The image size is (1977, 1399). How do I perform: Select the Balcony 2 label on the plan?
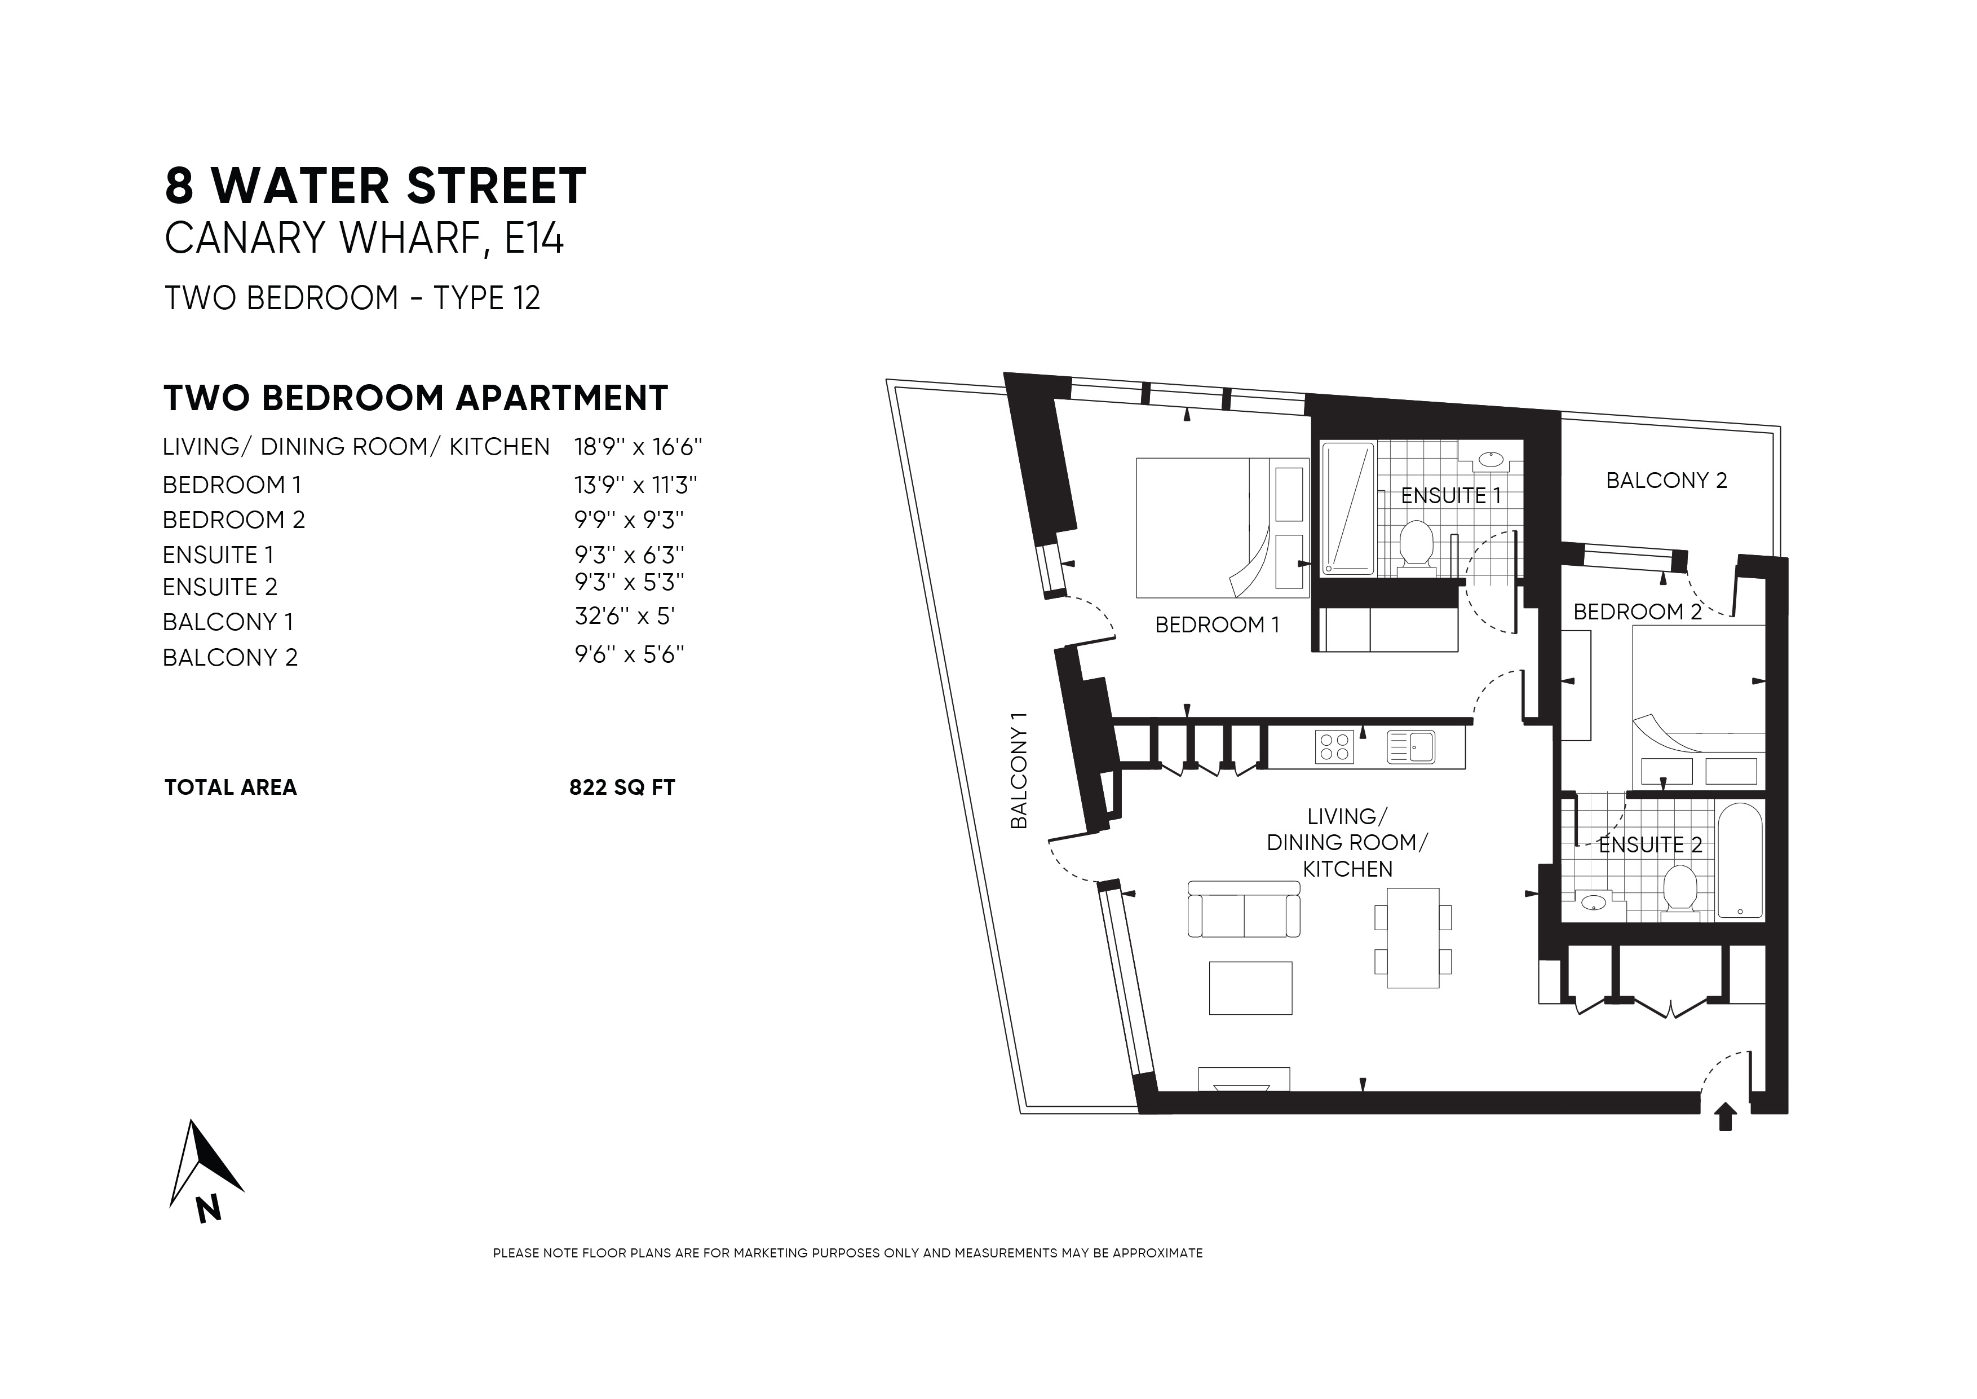[x=1666, y=481]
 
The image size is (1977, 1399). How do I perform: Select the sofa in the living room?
[x=1244, y=910]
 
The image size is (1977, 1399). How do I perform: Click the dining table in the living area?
[x=1412, y=937]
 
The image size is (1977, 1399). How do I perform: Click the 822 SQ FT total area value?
[x=622, y=788]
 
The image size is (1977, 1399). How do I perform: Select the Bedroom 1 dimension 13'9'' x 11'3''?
[x=635, y=485]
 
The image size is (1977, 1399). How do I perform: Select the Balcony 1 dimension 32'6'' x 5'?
[x=624, y=617]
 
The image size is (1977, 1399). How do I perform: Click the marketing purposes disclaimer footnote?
[x=847, y=1253]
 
